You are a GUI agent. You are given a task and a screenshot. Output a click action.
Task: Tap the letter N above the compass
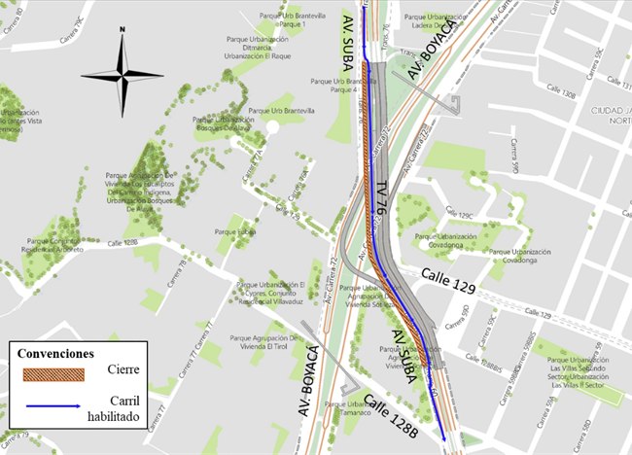coord(122,30)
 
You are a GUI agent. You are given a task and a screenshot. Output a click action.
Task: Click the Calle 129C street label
coord(458,215)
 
